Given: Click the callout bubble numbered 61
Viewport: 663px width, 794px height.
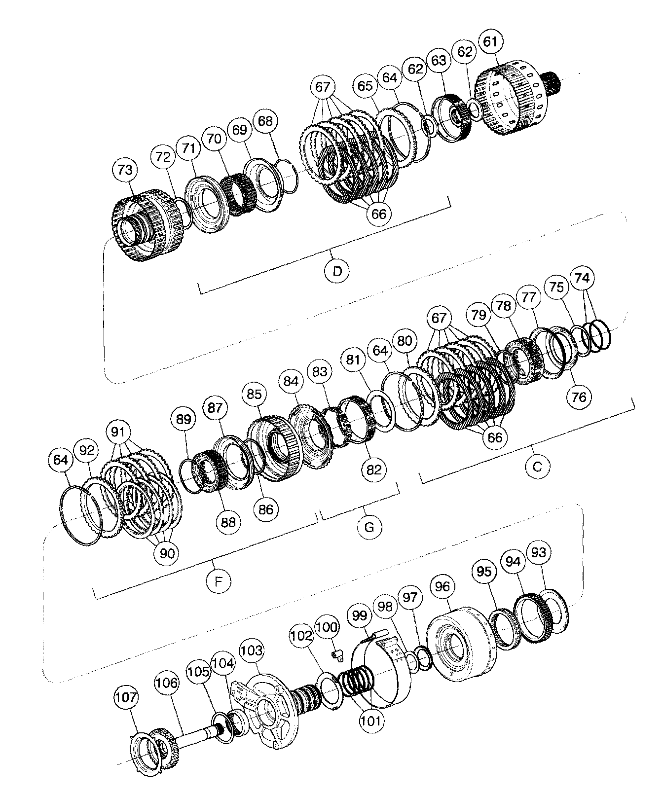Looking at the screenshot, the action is tap(490, 42).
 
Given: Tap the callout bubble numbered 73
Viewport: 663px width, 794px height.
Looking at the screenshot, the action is tap(125, 170).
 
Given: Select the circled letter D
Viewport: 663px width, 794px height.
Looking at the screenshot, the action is tap(337, 271).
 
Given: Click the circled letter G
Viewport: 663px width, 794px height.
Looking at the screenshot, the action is tap(369, 528).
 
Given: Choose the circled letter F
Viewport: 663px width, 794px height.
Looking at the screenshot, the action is tap(218, 581).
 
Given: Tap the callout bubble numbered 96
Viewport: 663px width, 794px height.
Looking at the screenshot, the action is tap(442, 586).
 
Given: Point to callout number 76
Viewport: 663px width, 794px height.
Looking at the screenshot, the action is tap(579, 396).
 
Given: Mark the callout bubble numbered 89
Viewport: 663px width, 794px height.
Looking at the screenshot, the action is tap(184, 419).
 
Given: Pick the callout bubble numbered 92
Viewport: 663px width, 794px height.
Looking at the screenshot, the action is tap(87, 450).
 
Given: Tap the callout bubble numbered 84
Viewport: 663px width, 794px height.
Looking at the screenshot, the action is tap(291, 381).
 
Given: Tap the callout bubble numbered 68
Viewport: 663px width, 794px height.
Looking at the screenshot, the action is tap(265, 121).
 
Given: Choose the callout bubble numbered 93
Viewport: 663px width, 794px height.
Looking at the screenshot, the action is tap(539, 552).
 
